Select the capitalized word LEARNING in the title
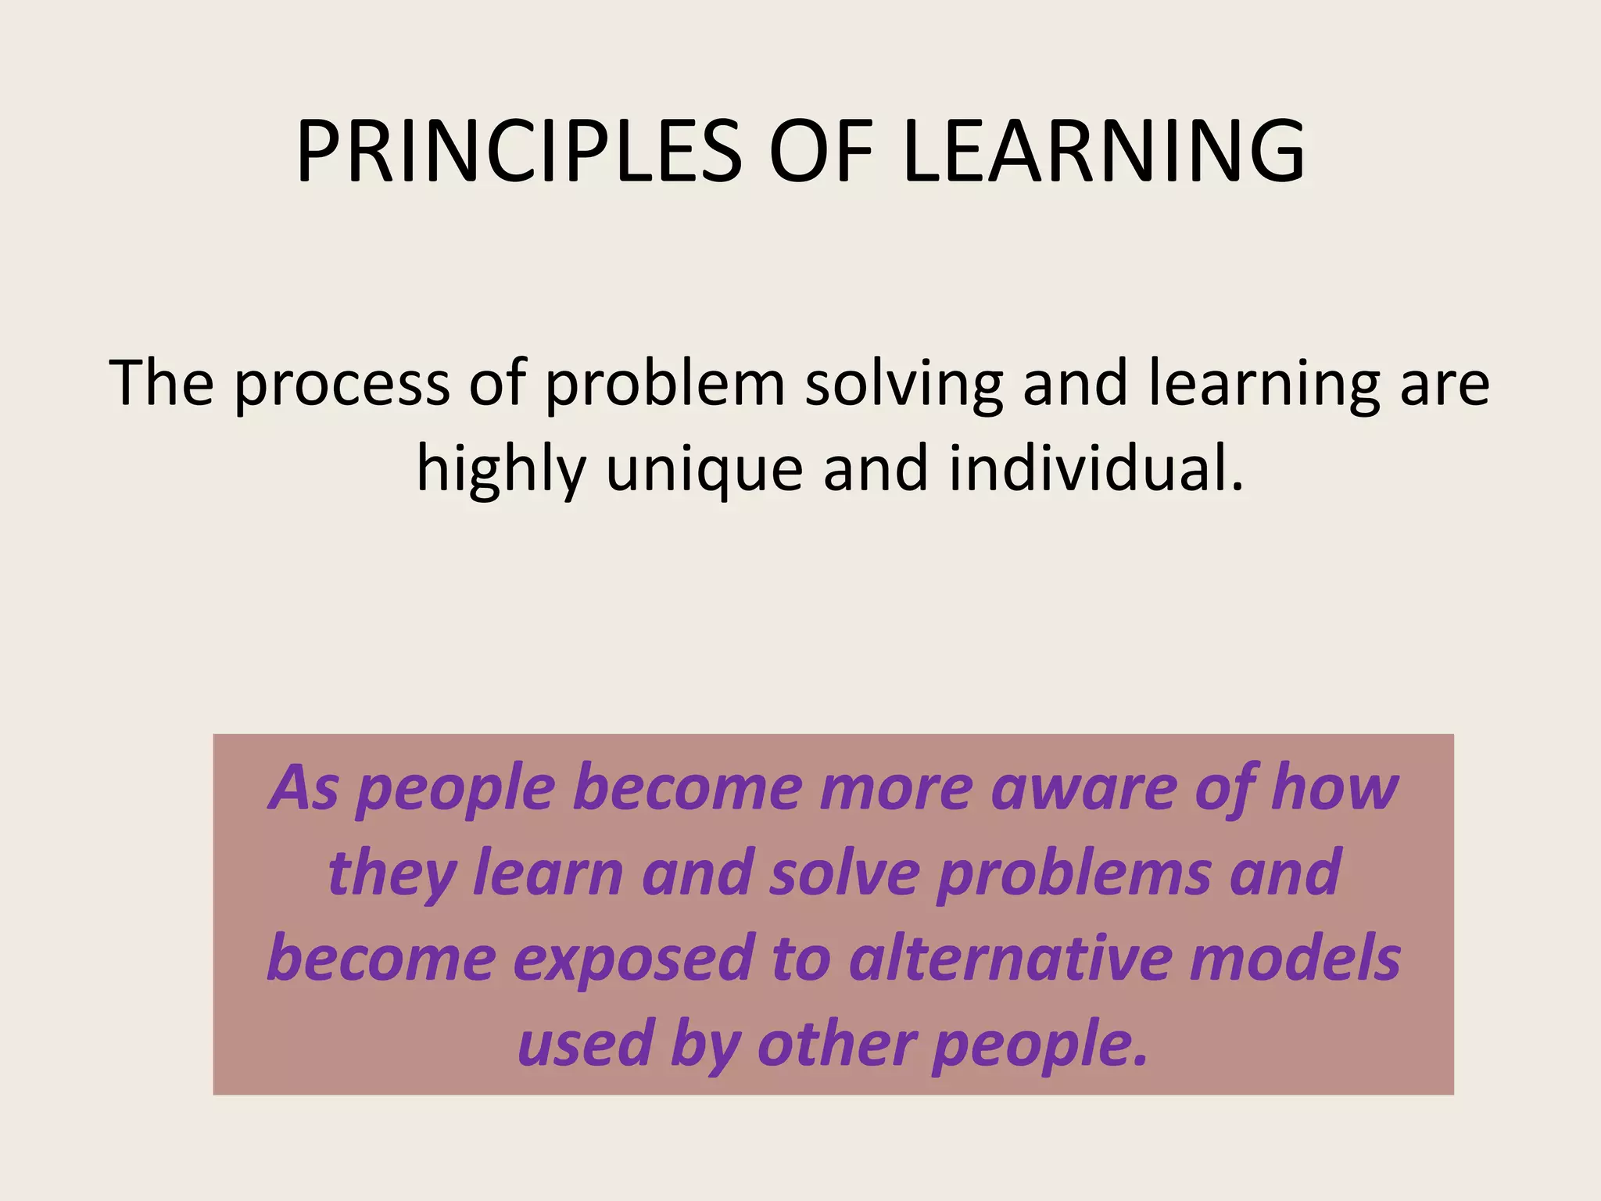coord(1103,152)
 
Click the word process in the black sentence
coord(342,384)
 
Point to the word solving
coord(904,384)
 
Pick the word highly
coord(501,470)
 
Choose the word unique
coord(704,470)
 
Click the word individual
coord(1095,470)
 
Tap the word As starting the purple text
coord(304,788)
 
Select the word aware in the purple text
coord(1083,788)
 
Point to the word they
coord(391,874)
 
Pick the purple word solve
coord(844,873)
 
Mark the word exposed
coord(632,960)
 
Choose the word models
coord(1295,959)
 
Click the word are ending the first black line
coord(1444,384)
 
